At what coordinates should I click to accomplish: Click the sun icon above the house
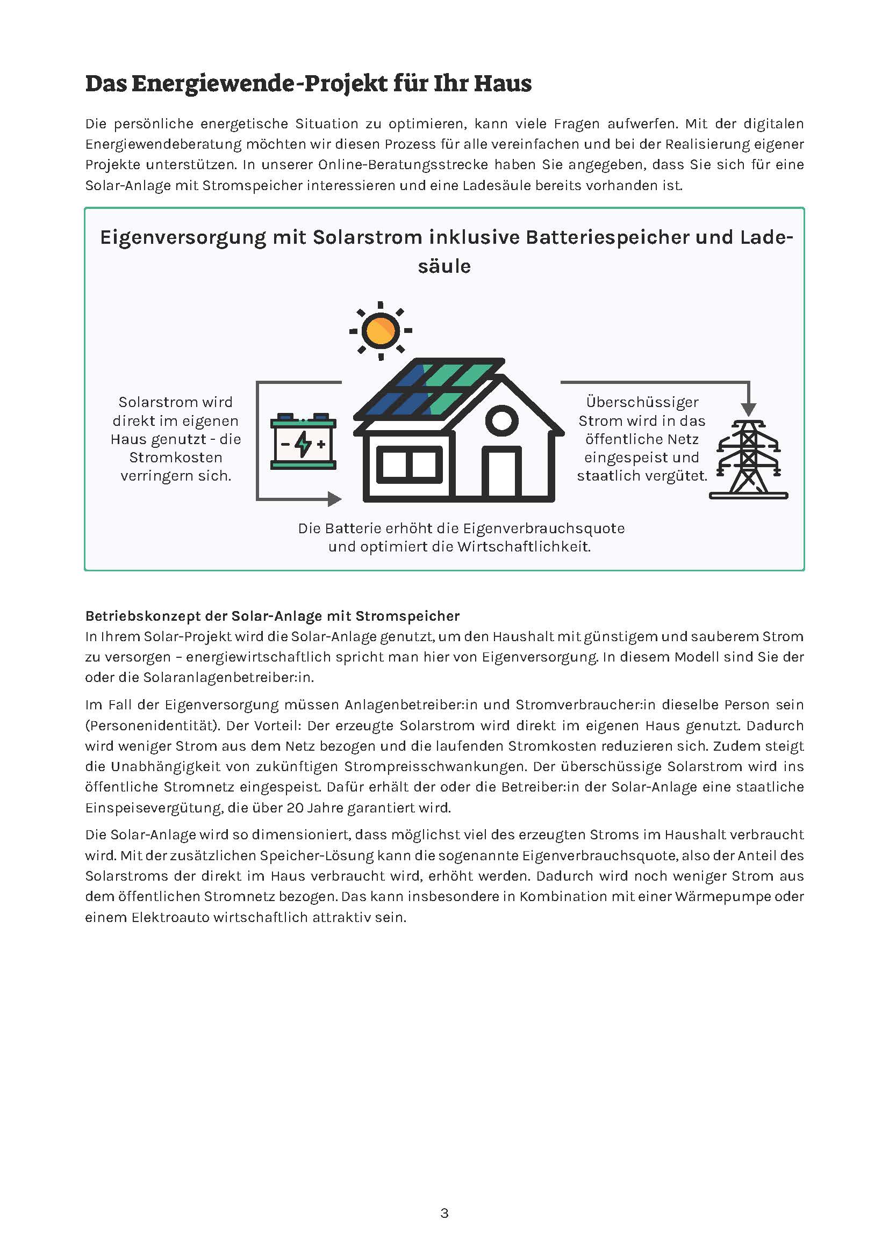(381, 330)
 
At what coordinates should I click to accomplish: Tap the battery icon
(303, 443)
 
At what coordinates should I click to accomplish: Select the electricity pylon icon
(748, 460)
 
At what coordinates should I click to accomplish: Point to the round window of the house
(501, 420)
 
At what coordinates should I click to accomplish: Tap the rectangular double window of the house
(409, 465)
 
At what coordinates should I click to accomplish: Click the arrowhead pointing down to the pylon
(748, 409)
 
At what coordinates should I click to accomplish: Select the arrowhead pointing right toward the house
(334, 498)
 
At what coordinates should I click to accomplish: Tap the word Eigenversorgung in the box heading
(183, 237)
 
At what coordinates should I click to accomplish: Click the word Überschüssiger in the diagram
(642, 402)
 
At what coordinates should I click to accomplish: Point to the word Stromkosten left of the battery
(176, 458)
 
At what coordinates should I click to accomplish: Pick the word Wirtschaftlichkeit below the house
(524, 547)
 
